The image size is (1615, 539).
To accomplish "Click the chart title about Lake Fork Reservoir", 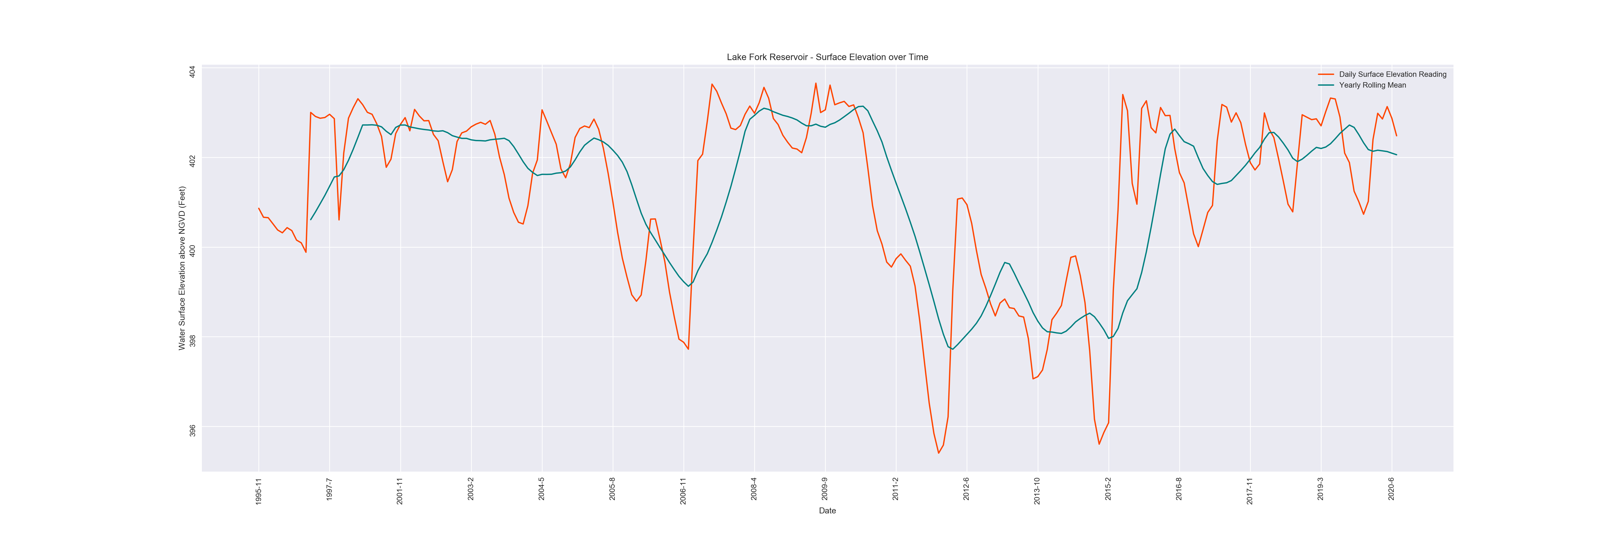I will pos(827,57).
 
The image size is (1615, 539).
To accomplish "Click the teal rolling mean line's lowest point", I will pos(952,349).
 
